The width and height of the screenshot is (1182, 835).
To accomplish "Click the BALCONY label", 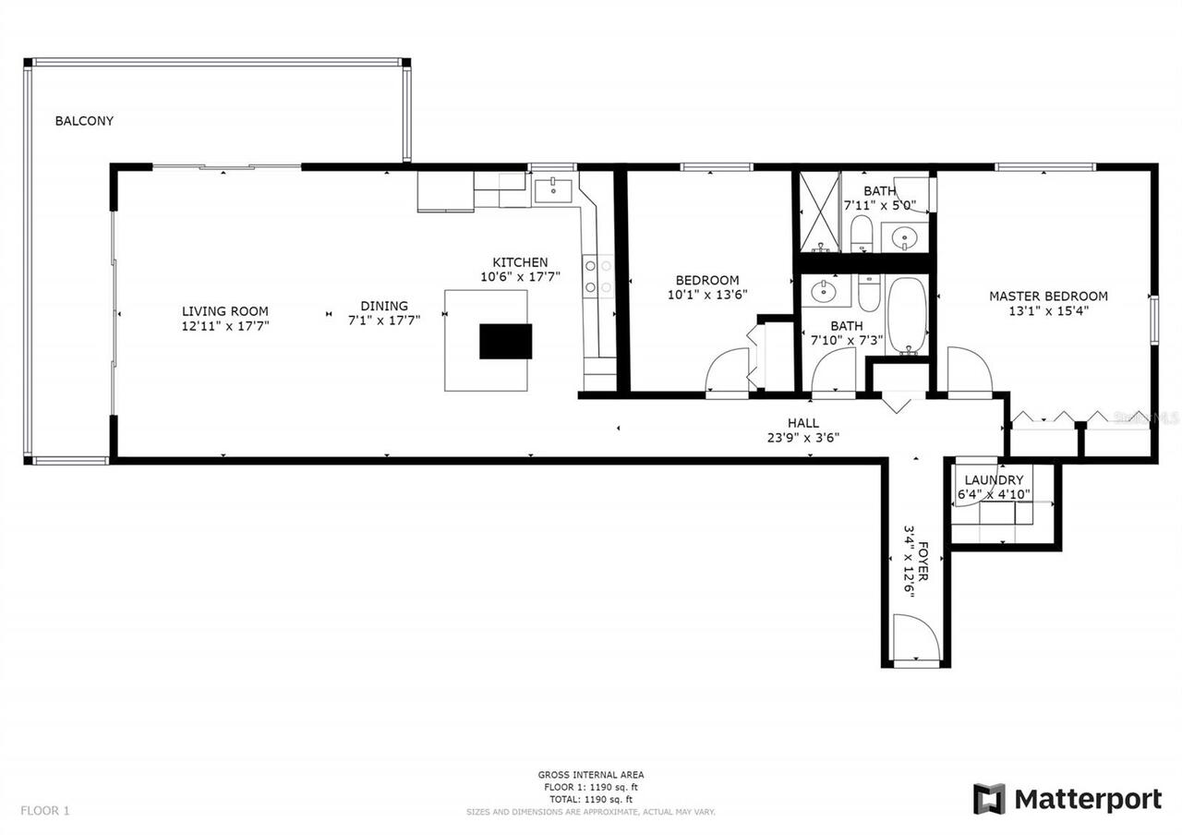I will tap(84, 121).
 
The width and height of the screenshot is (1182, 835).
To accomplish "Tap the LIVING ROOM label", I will tap(225, 311).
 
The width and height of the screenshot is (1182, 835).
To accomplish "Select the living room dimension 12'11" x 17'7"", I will tap(225, 326).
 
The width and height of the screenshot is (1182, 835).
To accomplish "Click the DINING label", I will tap(384, 306).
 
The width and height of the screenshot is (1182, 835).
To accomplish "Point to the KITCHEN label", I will tap(520, 262).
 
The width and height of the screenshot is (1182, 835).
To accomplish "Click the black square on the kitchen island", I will tap(505, 341).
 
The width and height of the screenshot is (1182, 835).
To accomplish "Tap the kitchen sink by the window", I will tap(552, 190).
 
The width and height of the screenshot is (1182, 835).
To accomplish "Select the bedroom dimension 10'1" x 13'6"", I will tap(707, 296).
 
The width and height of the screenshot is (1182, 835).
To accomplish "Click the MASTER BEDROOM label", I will tap(1048, 296).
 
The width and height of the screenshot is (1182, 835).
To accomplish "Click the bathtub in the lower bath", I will tap(907, 315).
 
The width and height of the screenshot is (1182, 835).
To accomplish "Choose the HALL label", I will tap(802, 423).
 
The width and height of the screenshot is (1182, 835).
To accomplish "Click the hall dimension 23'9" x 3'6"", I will tap(802, 438).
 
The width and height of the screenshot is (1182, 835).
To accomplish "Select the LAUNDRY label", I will tap(994, 480).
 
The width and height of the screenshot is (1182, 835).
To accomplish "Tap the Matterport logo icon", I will tap(989, 799).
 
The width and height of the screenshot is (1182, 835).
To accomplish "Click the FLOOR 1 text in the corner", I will tap(45, 811).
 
